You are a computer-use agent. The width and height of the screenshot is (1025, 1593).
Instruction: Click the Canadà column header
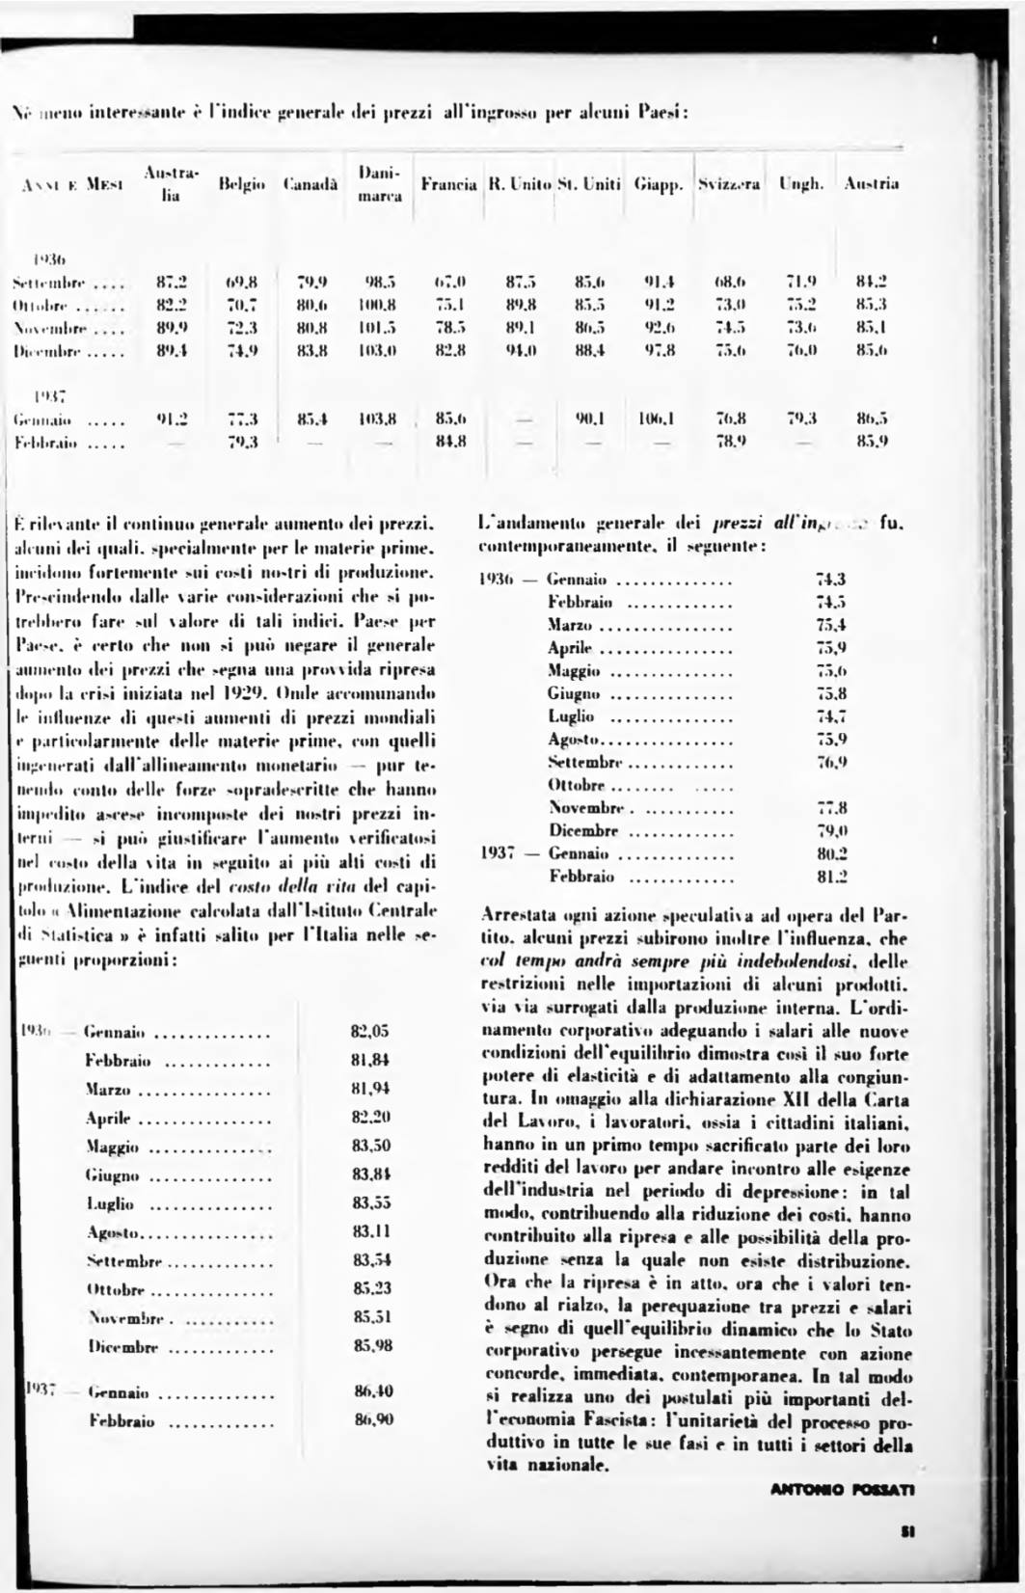tap(310, 183)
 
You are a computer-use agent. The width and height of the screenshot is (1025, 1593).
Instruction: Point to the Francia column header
tap(449, 183)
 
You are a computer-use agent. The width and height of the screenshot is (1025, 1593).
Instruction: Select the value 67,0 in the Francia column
tap(450, 283)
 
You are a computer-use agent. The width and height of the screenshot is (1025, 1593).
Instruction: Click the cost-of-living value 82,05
tap(370, 1031)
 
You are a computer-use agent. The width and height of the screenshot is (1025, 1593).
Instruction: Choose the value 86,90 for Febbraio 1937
tap(372, 1419)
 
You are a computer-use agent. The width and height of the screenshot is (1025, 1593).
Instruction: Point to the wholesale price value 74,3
tap(830, 579)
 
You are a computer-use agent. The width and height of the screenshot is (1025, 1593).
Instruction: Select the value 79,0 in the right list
tap(831, 830)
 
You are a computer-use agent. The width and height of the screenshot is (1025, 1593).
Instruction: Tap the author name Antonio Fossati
tap(842, 1490)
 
